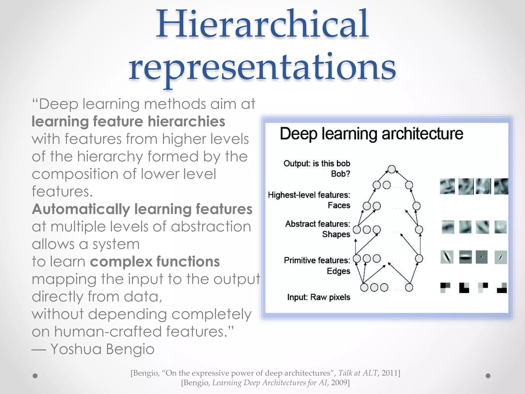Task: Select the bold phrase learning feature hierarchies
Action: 128,121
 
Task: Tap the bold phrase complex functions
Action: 155,261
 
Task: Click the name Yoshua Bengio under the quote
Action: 102,349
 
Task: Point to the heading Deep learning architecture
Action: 371,134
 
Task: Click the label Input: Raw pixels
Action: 318,297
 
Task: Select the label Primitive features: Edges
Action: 317,265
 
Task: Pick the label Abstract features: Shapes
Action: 318,229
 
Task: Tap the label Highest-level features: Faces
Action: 309,200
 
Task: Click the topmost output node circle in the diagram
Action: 391,169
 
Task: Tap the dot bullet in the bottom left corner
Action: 35,376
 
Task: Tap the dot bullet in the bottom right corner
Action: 488,376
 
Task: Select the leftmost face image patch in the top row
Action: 447,186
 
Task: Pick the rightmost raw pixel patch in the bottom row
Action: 502,288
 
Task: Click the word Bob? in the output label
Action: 340,174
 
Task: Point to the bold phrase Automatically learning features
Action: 142,209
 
